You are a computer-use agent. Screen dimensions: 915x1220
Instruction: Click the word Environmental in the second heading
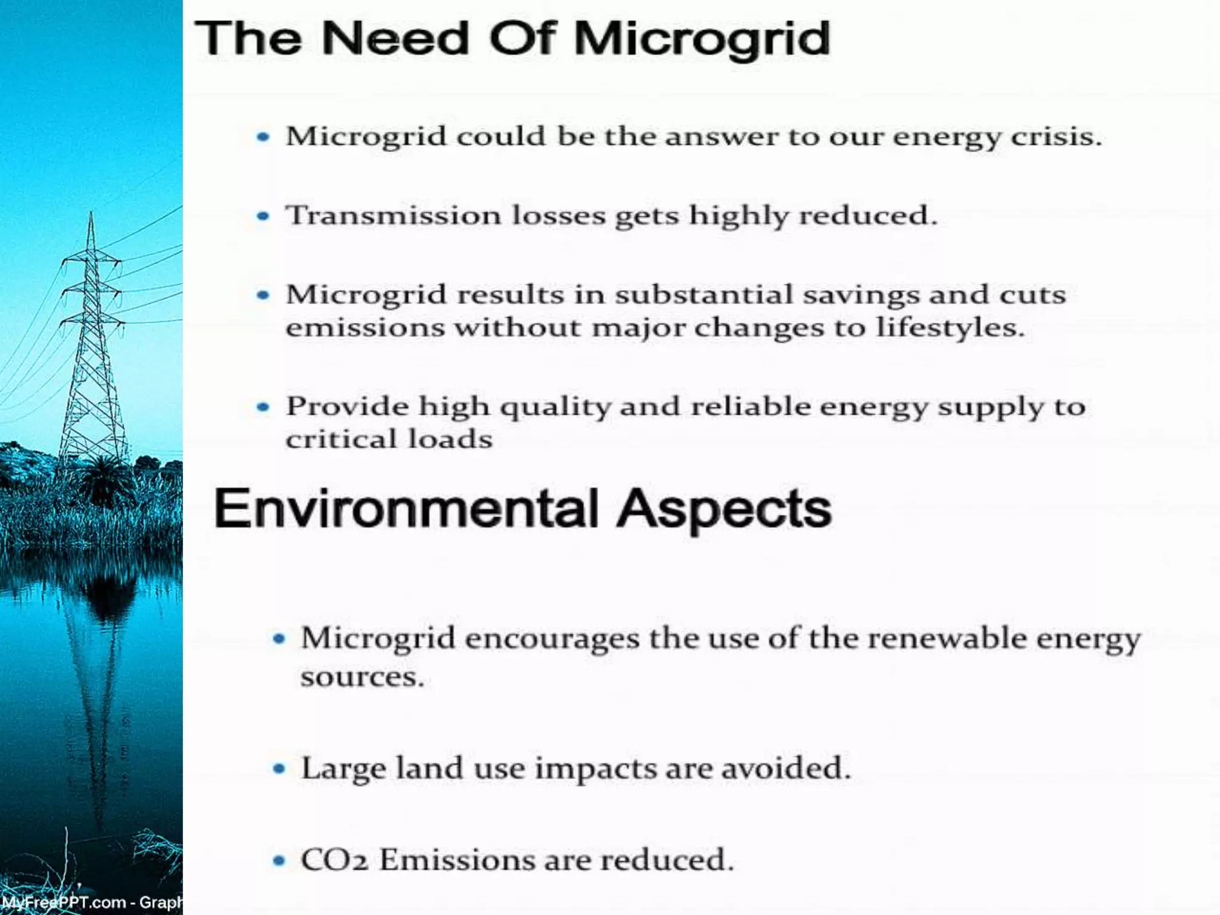406,509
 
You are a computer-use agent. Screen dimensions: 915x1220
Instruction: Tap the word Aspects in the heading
724,509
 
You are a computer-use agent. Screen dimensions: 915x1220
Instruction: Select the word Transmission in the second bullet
393,215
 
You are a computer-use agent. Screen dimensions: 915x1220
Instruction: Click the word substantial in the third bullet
704,294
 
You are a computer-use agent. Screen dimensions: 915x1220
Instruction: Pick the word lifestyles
950,327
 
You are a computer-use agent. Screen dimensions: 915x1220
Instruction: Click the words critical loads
389,440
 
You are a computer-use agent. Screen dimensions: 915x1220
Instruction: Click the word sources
362,677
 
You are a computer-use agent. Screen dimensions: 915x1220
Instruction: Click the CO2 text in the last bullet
334,860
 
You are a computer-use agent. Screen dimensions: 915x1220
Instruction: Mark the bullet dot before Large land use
279,768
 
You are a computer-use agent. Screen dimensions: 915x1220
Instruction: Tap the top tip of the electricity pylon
91,213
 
